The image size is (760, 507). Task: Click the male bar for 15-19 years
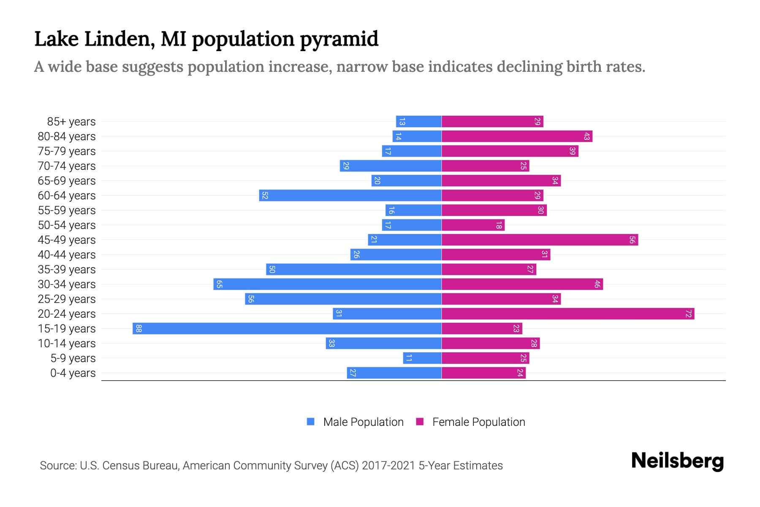pyautogui.click(x=287, y=329)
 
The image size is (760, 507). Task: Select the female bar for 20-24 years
pyautogui.click(x=568, y=314)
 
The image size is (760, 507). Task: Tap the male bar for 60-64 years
pyautogui.click(x=350, y=196)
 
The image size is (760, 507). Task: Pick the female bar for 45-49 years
pyautogui.click(x=540, y=240)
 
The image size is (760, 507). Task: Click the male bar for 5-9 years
pyautogui.click(x=422, y=358)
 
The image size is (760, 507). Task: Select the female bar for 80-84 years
pyautogui.click(x=517, y=136)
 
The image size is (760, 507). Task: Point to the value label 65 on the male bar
pyautogui.click(x=219, y=284)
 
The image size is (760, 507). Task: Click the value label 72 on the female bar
pyautogui.click(x=689, y=314)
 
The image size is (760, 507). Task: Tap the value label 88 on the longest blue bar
pyautogui.click(x=138, y=329)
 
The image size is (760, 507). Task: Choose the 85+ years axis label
pyautogui.click(x=71, y=122)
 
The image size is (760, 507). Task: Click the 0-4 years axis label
pyautogui.click(x=73, y=373)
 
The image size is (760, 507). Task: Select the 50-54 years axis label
pyautogui.click(x=67, y=225)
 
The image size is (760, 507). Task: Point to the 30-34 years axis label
pyautogui.click(x=67, y=284)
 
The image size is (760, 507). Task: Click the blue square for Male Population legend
pyautogui.click(x=311, y=422)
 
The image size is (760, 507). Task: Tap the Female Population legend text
pyautogui.click(x=478, y=422)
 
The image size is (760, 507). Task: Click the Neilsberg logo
pyautogui.click(x=677, y=461)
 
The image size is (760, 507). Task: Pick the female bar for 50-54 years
pyautogui.click(x=473, y=225)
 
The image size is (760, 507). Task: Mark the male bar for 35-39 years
pyautogui.click(x=354, y=270)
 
